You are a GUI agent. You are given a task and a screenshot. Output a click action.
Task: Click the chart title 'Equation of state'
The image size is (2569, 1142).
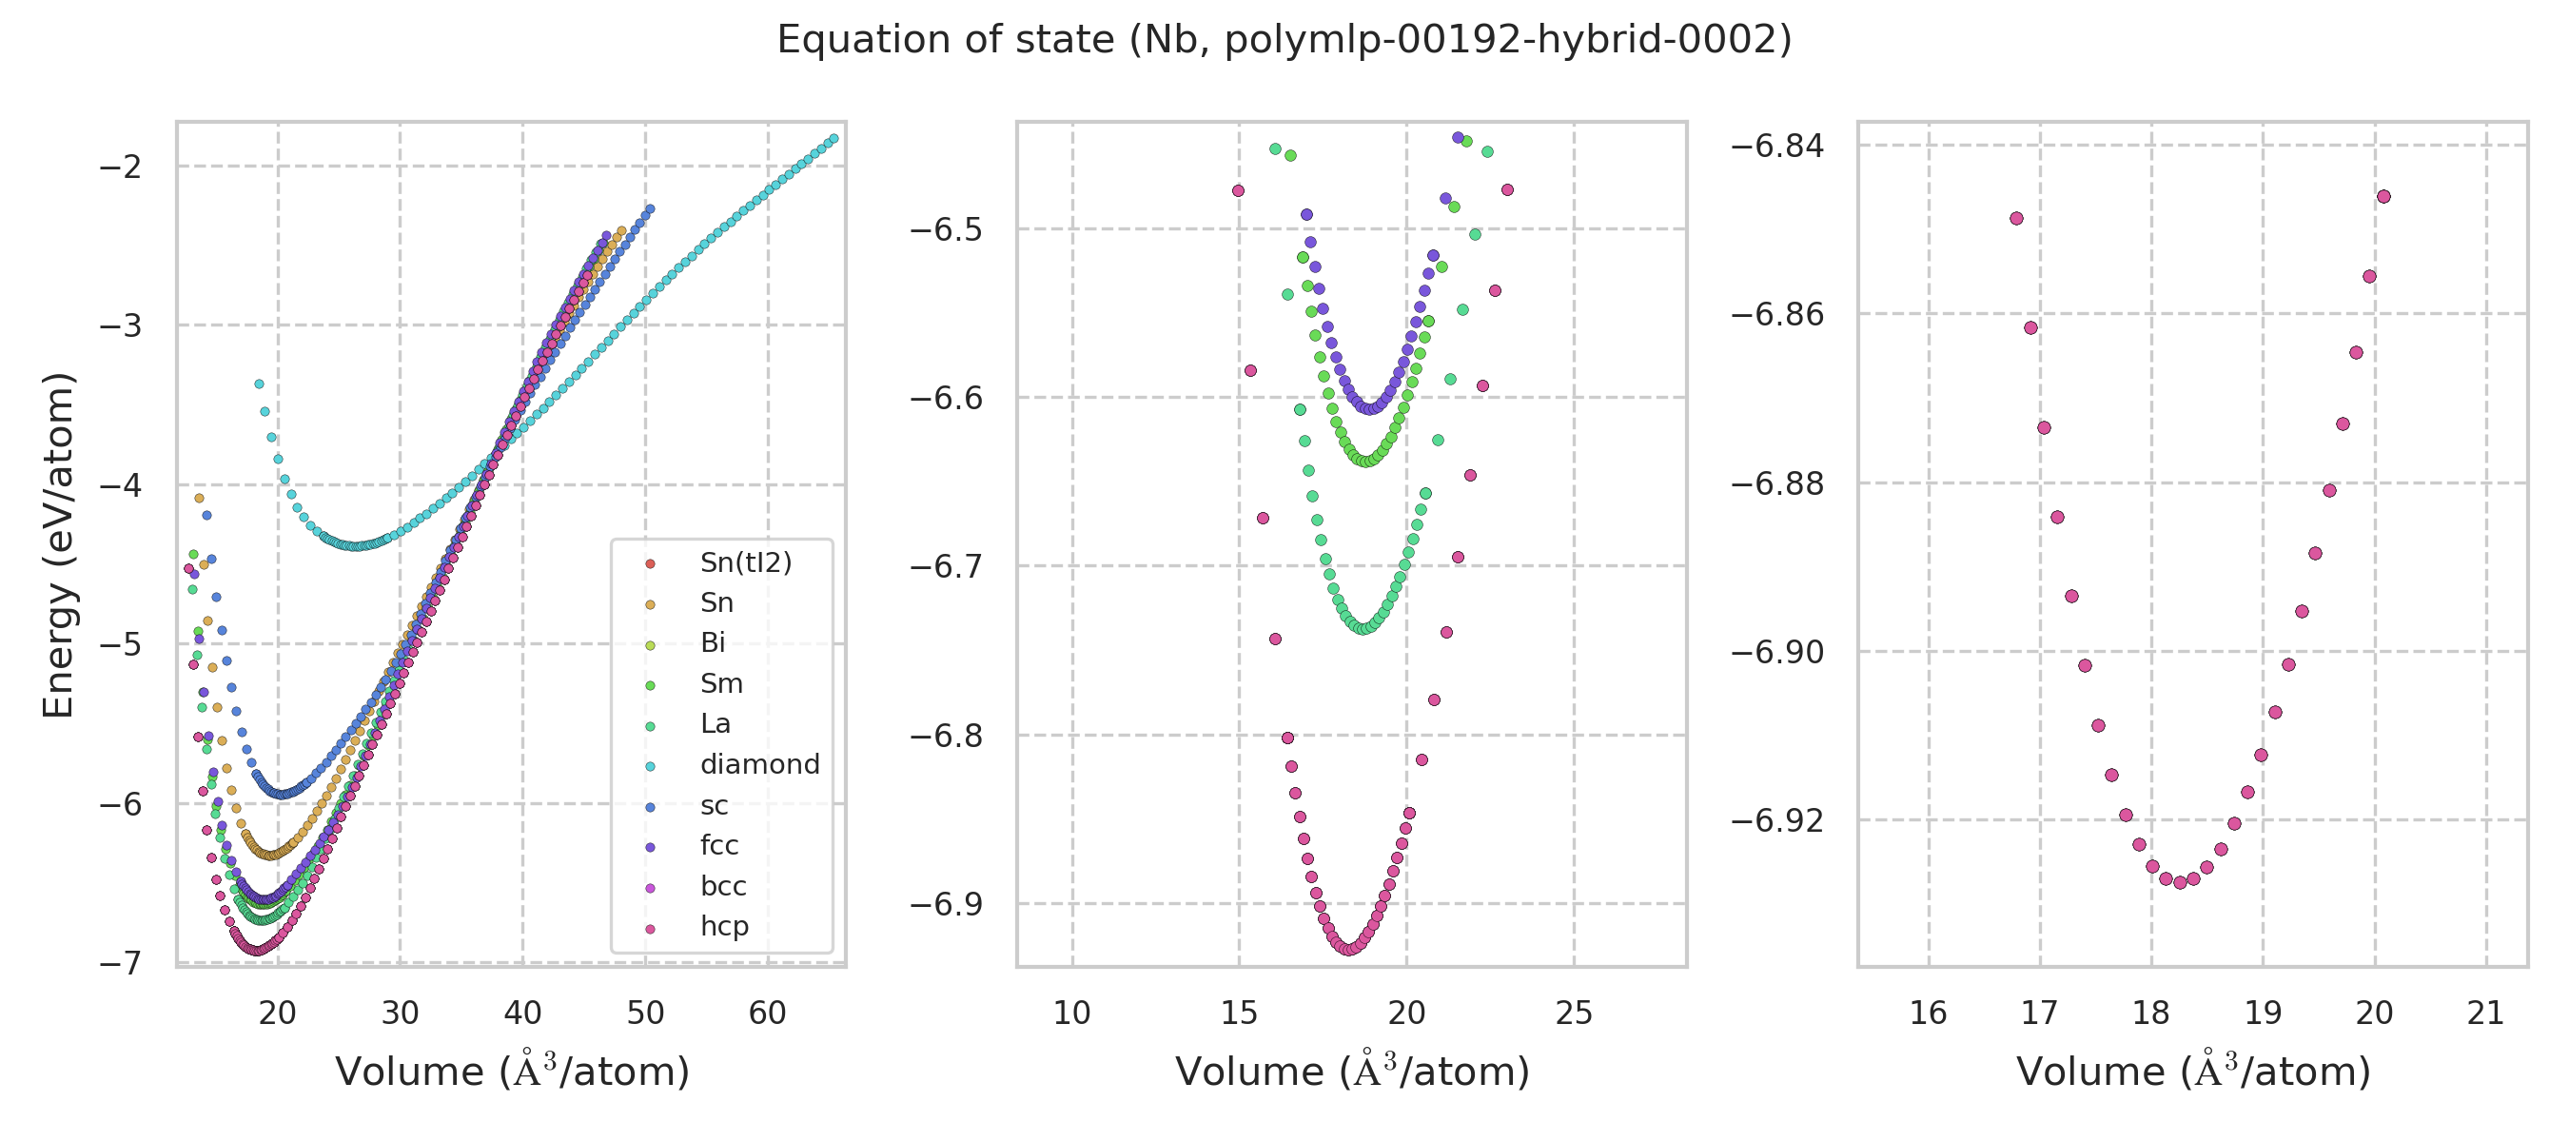tap(1284, 40)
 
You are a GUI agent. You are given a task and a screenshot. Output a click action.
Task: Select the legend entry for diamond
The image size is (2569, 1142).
tap(759, 764)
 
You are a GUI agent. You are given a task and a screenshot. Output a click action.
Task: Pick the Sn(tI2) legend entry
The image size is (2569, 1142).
tap(745, 562)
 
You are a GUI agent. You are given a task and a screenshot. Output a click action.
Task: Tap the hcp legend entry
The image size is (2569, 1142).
tap(724, 926)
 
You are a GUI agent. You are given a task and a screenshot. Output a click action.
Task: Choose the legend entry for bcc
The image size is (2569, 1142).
tap(723, 886)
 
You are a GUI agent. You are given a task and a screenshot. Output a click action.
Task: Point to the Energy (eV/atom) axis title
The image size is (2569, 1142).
tap(58, 544)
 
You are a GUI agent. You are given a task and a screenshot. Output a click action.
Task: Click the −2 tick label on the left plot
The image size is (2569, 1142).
tap(120, 167)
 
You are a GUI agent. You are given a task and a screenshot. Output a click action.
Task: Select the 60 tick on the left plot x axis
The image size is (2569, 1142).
tap(767, 1014)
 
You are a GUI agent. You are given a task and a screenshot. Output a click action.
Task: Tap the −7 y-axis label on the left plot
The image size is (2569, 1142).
tap(120, 963)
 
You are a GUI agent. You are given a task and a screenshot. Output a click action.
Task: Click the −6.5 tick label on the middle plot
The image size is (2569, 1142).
tap(947, 229)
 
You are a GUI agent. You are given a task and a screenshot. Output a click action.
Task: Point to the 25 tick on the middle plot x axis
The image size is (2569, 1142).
tap(1574, 1014)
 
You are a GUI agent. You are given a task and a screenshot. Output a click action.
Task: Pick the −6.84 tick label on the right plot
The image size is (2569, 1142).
tap(1777, 146)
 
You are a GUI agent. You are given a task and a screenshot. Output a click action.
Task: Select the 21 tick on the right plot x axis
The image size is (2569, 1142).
tap(2485, 1014)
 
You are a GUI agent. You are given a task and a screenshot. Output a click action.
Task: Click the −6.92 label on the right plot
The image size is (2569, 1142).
tap(1777, 821)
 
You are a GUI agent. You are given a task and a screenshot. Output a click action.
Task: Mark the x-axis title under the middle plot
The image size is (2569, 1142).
tap(1351, 1072)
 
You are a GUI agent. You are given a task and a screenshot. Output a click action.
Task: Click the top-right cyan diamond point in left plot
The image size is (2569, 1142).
tap(833, 139)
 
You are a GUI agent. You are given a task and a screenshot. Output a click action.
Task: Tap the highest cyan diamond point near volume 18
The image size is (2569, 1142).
tap(260, 384)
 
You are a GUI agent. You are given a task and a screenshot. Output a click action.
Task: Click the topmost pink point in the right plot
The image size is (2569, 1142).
tap(2383, 196)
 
